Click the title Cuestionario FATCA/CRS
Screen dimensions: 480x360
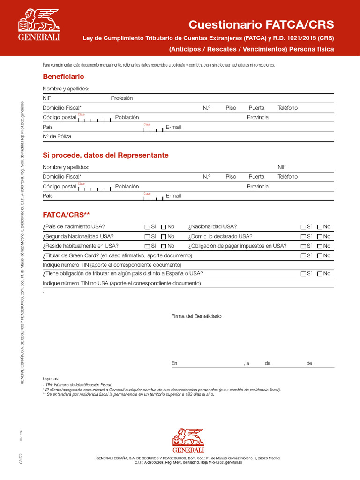(261, 24)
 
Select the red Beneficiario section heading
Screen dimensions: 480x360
(63, 76)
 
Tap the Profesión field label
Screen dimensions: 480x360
(122, 98)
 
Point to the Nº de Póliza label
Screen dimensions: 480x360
(57, 136)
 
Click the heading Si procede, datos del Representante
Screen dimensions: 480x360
(105, 155)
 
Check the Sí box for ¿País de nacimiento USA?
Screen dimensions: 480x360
(148, 227)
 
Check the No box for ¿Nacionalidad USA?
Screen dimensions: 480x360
(320, 227)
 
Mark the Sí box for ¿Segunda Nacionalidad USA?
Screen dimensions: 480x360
(148, 236)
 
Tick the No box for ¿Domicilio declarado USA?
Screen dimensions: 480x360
(320, 236)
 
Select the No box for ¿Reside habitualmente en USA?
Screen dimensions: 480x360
(164, 246)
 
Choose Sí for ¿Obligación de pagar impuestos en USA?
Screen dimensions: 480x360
(304, 246)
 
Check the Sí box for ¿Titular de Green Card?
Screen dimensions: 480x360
(304, 255)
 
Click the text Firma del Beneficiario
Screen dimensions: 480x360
(196, 316)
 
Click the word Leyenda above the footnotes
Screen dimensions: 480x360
(51, 378)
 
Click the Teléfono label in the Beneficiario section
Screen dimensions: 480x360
(287, 108)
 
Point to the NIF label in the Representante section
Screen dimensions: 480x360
(282, 167)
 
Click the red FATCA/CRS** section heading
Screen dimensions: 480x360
(66, 215)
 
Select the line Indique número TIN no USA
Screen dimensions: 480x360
(122, 283)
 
